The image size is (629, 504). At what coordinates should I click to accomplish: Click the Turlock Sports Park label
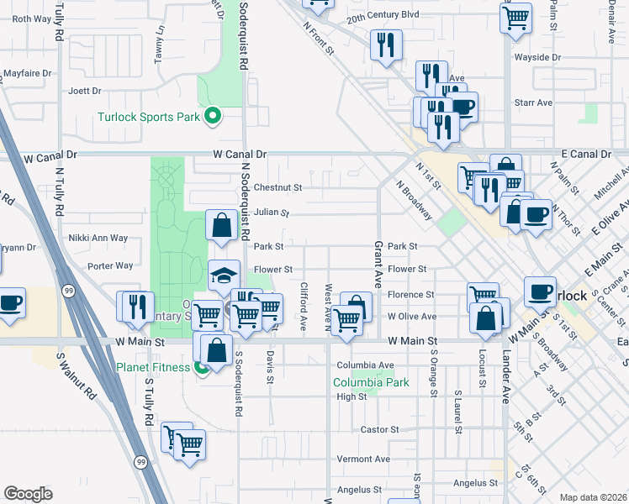pos(149,117)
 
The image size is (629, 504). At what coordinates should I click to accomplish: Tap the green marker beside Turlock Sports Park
pos(214,116)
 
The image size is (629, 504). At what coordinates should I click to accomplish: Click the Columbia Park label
pos(371,382)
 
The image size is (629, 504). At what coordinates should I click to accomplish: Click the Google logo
pos(28,494)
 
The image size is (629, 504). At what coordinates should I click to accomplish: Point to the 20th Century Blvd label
pos(383,15)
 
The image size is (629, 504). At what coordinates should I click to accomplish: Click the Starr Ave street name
pos(532,102)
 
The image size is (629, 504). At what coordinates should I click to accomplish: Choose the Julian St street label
pos(271,213)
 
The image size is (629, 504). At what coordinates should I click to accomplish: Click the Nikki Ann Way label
pos(98,238)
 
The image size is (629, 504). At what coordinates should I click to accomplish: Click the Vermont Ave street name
pos(363,459)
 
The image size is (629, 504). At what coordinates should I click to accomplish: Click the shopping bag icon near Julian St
pos(221,227)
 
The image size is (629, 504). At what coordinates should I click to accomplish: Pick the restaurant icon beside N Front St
pos(385,46)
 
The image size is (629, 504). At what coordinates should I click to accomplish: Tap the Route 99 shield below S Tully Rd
pos(140,461)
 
